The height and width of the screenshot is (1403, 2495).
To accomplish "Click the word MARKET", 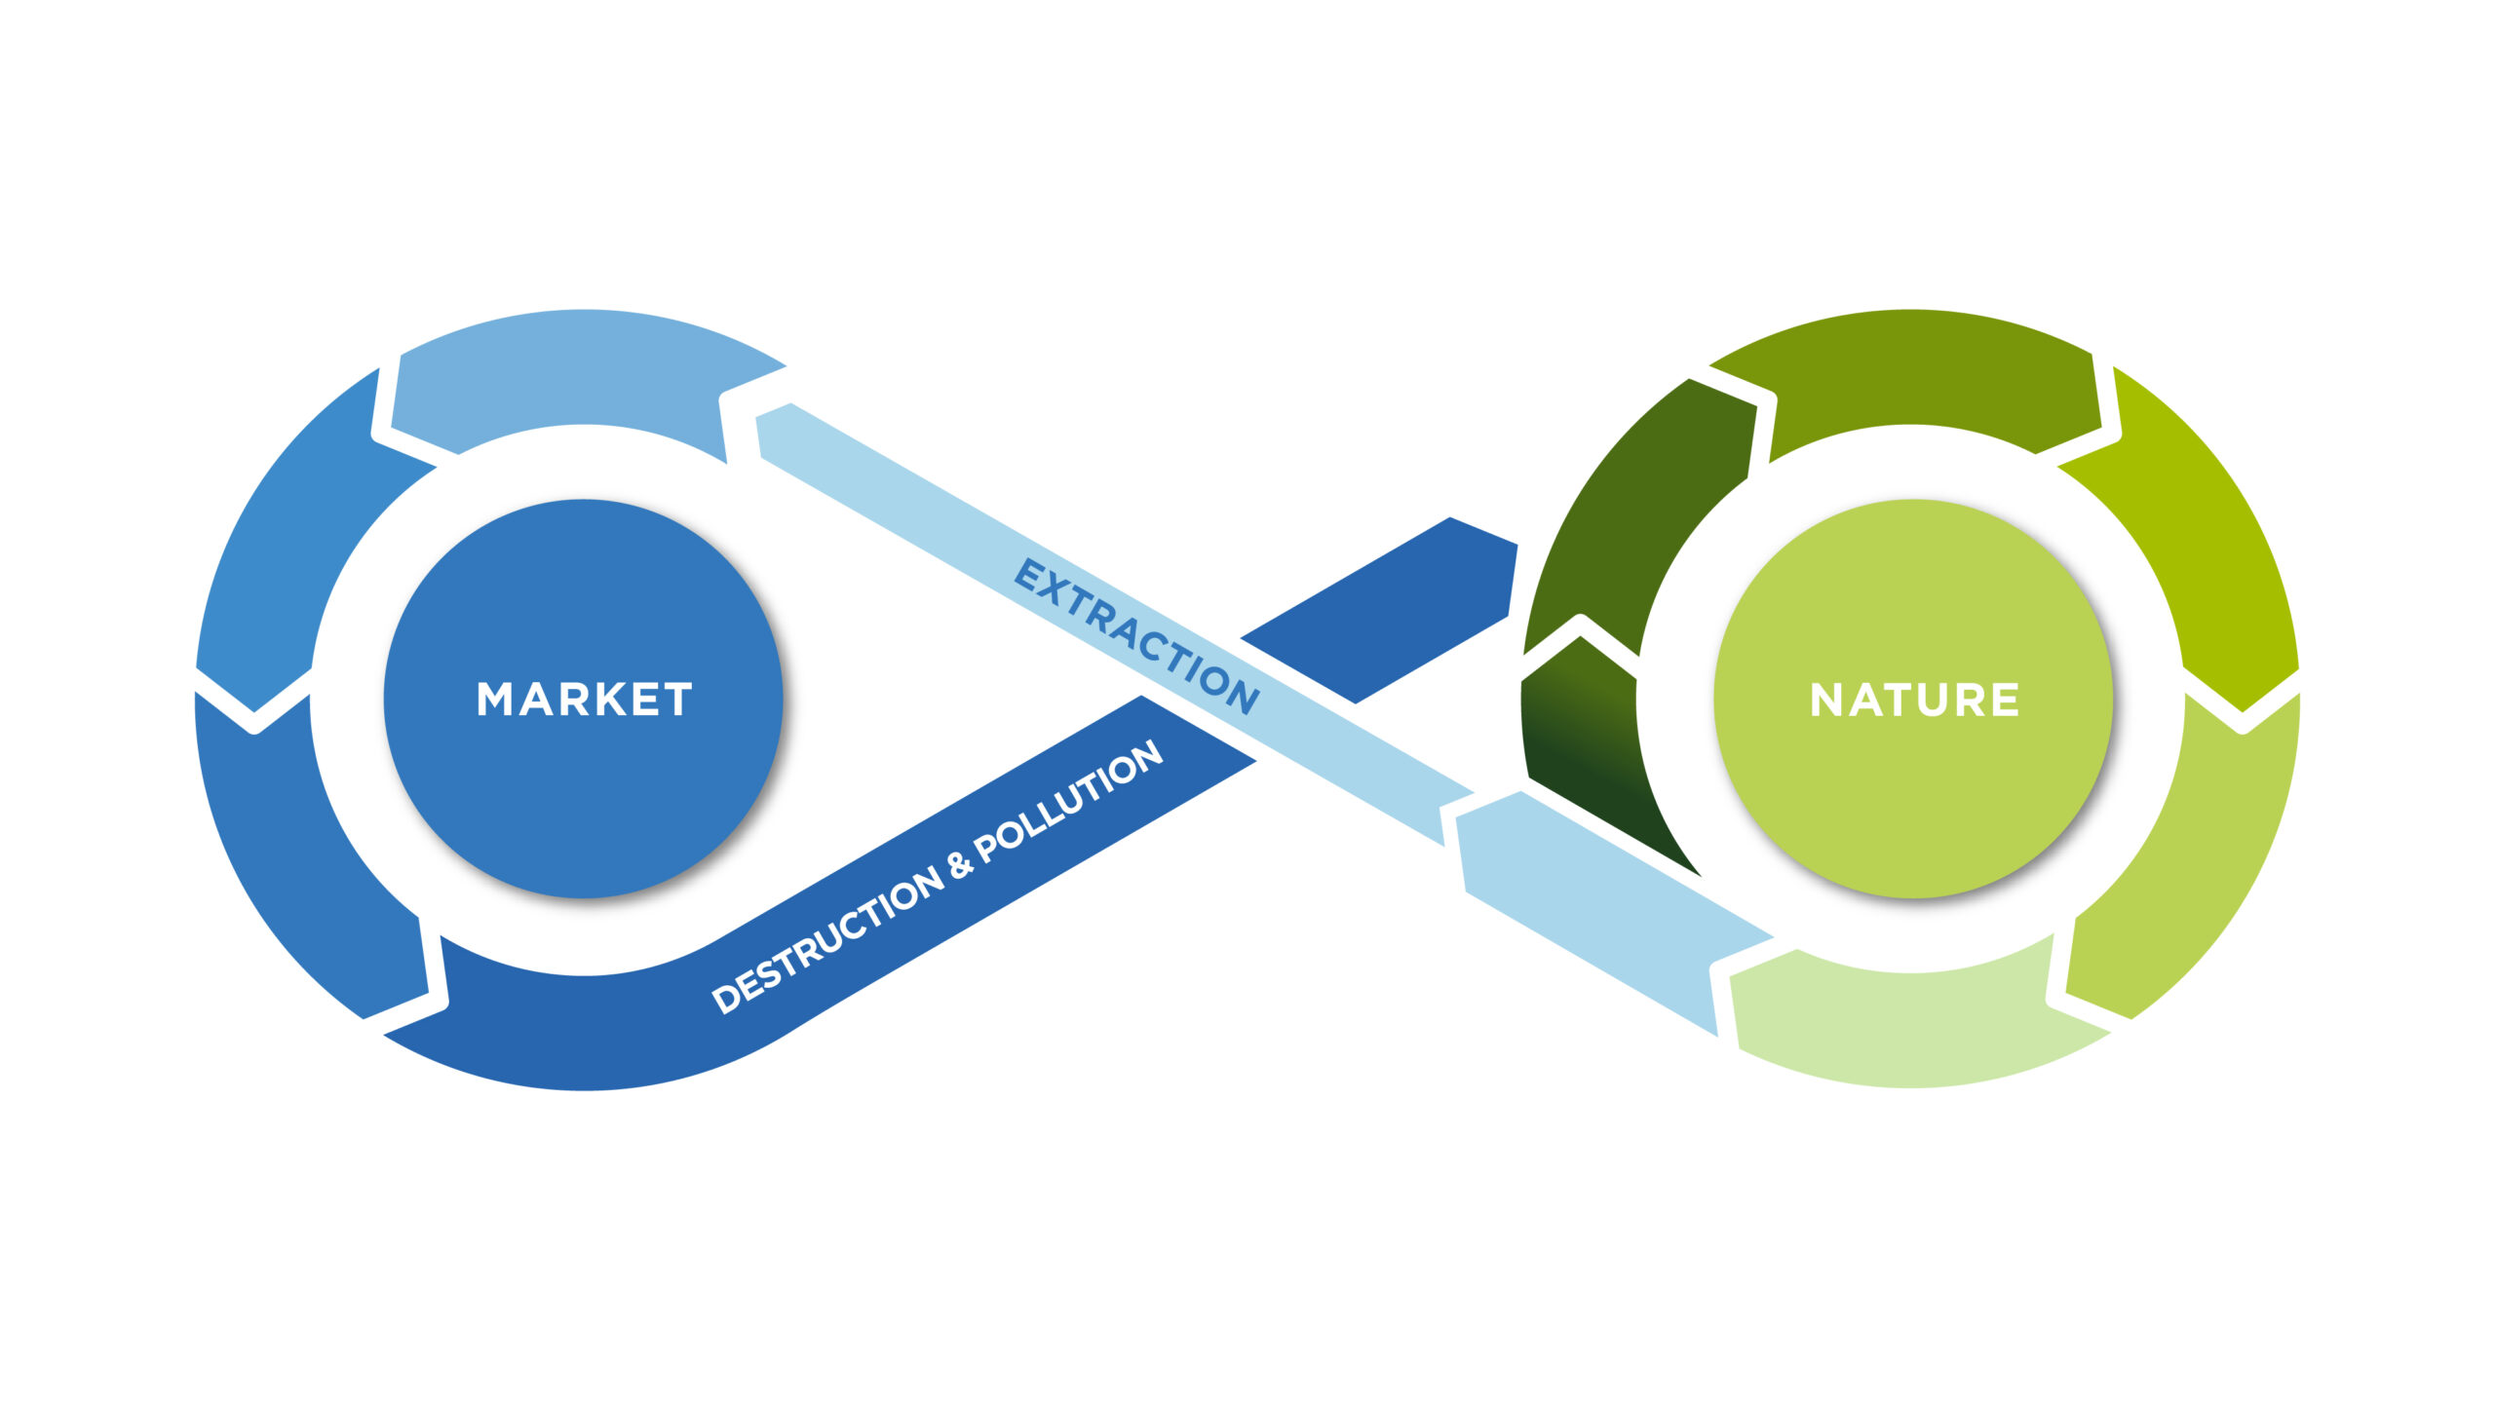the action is [x=585, y=700].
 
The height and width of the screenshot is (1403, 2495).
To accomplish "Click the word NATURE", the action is [x=1914, y=700].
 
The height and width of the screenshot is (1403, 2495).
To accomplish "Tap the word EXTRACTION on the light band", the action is [x=1137, y=636].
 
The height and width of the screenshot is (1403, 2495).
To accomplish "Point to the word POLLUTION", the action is [x=1068, y=801].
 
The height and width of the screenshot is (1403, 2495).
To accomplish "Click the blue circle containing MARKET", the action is [x=584, y=699].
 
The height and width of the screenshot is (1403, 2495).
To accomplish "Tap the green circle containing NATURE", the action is [x=1913, y=699].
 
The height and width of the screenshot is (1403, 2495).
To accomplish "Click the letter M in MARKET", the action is [x=494, y=700].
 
